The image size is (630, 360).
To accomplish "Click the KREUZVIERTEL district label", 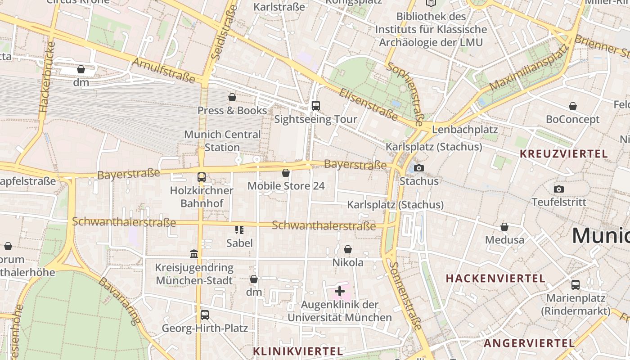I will click(x=564, y=153).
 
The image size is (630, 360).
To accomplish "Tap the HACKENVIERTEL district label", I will click(x=495, y=279).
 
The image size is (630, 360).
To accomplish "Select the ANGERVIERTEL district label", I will click(x=529, y=343).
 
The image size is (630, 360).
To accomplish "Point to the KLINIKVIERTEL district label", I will click(x=298, y=351).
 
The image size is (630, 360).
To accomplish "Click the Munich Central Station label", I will click(x=222, y=141).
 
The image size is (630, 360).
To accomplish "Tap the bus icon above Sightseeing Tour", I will click(x=316, y=106).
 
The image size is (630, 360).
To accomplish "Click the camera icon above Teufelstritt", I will click(x=559, y=189).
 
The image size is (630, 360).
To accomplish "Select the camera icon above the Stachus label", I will click(x=419, y=168).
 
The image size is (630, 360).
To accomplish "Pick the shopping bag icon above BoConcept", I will click(x=573, y=106).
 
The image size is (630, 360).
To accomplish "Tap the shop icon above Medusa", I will click(x=504, y=227).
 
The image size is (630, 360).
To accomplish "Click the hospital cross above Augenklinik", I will click(x=340, y=291).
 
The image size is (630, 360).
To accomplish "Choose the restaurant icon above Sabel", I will click(x=239, y=230).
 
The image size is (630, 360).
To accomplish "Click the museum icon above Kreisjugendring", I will click(x=194, y=254).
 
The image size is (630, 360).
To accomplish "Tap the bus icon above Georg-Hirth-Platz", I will click(x=205, y=315).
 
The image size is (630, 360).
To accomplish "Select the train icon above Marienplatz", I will click(x=576, y=284).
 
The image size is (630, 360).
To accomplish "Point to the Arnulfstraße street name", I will click(x=163, y=70).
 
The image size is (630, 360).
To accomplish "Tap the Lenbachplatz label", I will click(x=465, y=130).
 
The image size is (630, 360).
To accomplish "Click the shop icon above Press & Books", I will click(x=232, y=97).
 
